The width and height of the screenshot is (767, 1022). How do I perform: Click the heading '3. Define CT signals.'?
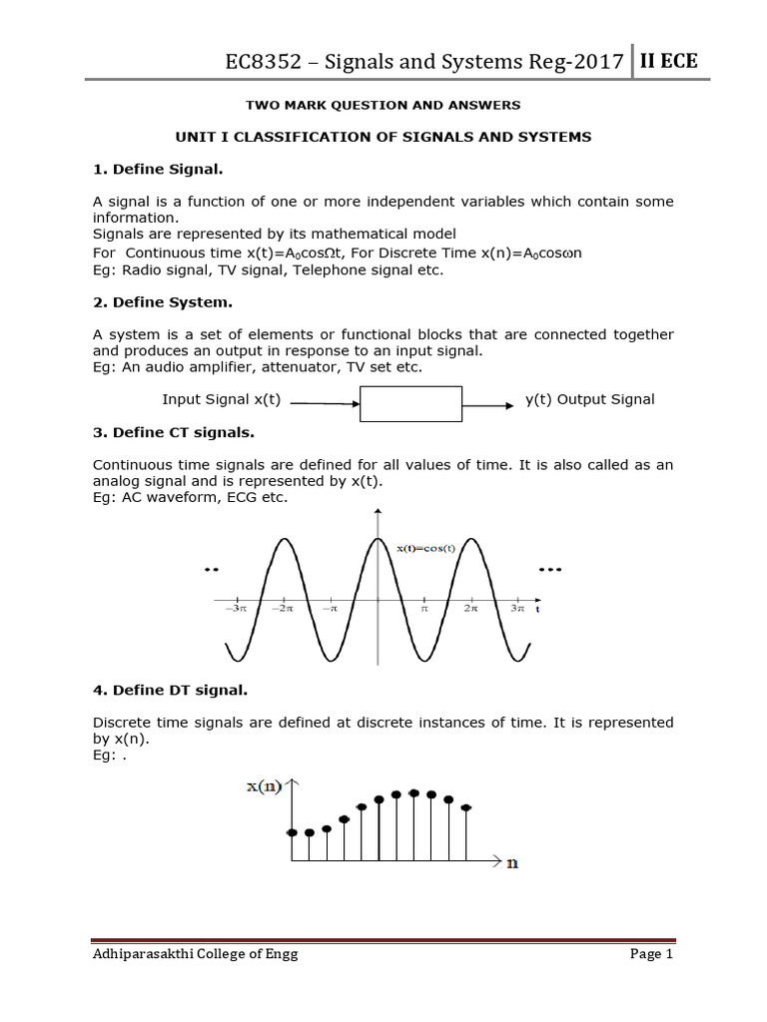[174, 432]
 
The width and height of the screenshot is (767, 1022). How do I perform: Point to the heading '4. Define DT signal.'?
[170, 689]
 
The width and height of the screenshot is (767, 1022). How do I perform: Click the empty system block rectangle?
[410, 403]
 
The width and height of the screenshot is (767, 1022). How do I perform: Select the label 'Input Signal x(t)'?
[222, 399]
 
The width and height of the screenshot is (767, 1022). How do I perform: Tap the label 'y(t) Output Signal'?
[589, 399]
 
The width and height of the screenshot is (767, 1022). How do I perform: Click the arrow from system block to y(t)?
[489, 403]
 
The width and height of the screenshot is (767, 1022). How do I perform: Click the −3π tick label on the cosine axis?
[236, 607]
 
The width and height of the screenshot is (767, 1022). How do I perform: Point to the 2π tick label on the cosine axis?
[470, 607]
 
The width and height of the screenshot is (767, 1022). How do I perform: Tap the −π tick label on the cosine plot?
[330, 607]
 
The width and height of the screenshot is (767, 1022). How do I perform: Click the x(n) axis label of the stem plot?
[265, 787]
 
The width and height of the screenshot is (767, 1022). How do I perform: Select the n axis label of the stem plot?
[512, 862]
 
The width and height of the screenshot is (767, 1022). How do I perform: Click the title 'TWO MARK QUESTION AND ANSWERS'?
[383, 104]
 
